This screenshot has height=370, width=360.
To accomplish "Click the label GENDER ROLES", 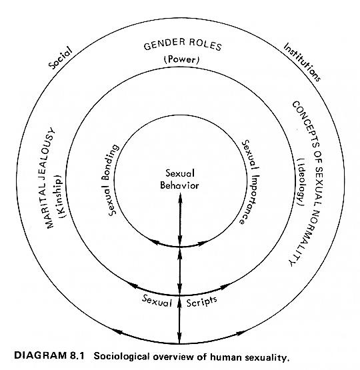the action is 183,45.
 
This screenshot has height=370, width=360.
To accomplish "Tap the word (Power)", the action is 181,59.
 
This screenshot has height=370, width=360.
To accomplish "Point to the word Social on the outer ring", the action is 60,58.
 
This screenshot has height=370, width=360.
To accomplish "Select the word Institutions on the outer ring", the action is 302,62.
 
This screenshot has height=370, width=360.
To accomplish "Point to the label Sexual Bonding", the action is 111,180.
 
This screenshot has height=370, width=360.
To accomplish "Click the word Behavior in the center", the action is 179,185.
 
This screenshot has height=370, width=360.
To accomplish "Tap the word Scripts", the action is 202,302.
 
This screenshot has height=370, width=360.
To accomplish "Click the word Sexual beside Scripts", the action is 157,301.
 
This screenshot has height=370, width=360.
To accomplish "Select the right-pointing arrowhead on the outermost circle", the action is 241,333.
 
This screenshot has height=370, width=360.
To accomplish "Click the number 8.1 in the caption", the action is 77,355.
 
